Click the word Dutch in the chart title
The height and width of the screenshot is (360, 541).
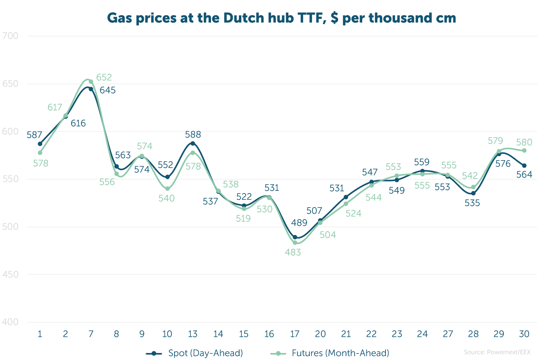pyautogui.click(x=244, y=18)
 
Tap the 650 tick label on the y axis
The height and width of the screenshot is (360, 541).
pyautogui.click(x=10, y=84)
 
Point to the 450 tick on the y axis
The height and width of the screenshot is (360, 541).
pyautogui.click(x=10, y=274)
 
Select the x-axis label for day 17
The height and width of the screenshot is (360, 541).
pyautogui.click(x=295, y=334)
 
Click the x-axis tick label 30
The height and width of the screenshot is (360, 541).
pyautogui.click(x=524, y=334)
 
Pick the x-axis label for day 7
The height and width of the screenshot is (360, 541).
pyautogui.click(x=91, y=334)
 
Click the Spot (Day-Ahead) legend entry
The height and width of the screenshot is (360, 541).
pyautogui.click(x=194, y=353)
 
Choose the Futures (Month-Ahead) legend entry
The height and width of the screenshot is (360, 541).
pyautogui.click(x=330, y=353)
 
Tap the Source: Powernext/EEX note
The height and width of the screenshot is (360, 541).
pyautogui.click(x=497, y=352)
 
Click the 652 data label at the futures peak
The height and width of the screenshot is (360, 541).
pyautogui.click(x=104, y=77)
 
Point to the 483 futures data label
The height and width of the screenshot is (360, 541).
pyautogui.click(x=293, y=252)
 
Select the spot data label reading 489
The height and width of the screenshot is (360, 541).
pyautogui.click(x=299, y=222)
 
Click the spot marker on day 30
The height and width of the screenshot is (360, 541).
pyautogui.click(x=524, y=166)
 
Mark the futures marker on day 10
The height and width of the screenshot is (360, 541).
pyautogui.click(x=168, y=189)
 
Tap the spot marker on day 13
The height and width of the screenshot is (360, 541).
pyautogui.click(x=193, y=143)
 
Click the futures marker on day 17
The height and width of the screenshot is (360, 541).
pyautogui.click(x=295, y=243)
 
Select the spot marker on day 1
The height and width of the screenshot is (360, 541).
pyautogui.click(x=40, y=144)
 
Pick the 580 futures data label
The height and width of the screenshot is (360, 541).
pyautogui.click(x=524, y=142)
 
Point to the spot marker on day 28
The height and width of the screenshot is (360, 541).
pyautogui.click(x=473, y=193)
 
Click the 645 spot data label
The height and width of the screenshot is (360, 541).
pyautogui.click(x=108, y=90)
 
